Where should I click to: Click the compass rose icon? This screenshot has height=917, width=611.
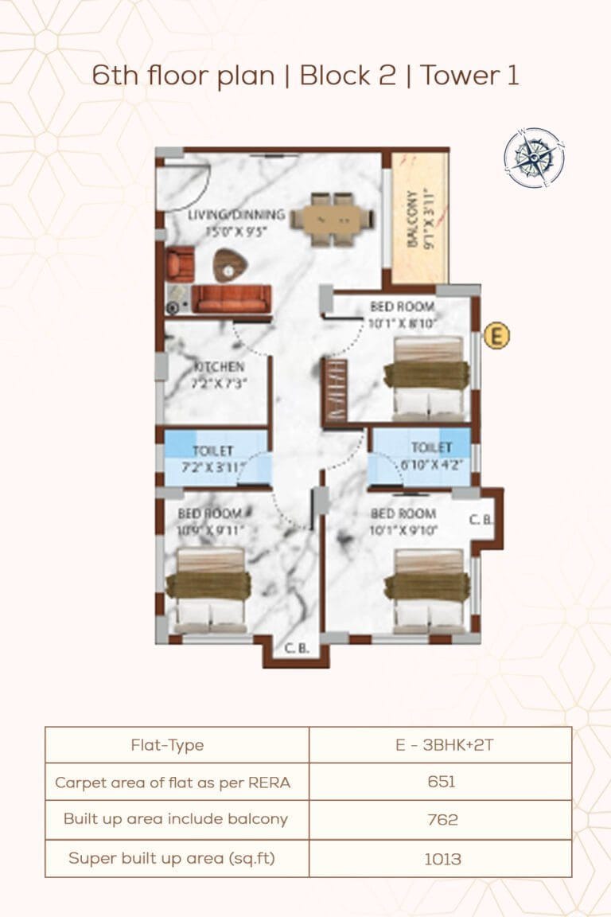(x=535, y=158)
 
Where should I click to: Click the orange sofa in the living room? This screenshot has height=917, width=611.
(x=232, y=298)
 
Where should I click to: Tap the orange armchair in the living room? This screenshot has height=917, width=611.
(x=180, y=263)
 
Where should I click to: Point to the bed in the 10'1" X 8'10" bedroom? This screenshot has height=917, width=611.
(x=426, y=377)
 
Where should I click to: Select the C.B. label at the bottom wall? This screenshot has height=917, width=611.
(x=297, y=648)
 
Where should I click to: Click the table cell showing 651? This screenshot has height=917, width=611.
(x=440, y=782)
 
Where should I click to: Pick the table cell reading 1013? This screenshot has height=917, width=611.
(x=440, y=858)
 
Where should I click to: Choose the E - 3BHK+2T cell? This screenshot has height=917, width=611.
(x=440, y=745)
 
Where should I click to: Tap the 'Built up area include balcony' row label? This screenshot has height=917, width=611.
(x=176, y=819)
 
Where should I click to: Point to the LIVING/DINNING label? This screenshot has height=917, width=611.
(x=236, y=214)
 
